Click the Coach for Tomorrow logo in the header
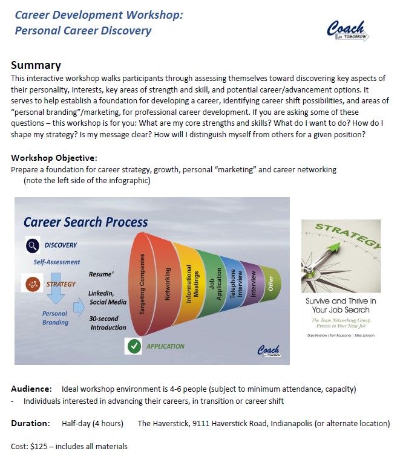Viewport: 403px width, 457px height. click(346, 31)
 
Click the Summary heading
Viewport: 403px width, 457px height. click(36, 65)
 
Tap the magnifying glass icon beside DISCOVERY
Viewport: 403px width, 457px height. click(33, 245)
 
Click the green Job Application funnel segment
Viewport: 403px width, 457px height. click(212, 281)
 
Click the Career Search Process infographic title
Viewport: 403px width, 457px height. click(85, 222)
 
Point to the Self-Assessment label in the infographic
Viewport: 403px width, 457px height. click(57, 262)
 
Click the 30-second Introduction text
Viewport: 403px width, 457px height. click(108, 323)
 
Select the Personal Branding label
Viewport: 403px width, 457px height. click(56, 318)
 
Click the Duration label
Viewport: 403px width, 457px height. click(30, 423)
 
